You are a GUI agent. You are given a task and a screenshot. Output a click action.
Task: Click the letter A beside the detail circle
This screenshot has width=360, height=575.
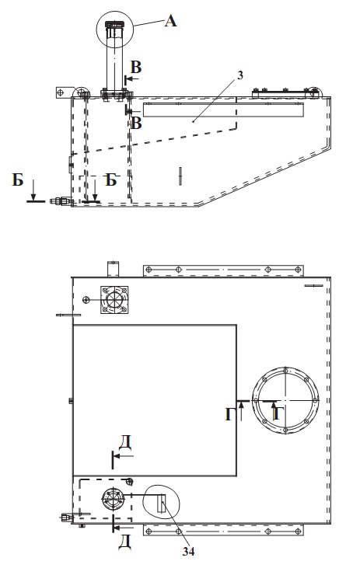coord(170,21)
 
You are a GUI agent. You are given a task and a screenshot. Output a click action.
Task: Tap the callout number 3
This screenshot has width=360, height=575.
coord(240,75)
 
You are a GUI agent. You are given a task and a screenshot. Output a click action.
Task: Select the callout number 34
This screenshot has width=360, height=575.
coord(188,551)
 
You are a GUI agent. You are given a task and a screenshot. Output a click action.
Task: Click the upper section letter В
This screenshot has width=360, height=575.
coord(136,68)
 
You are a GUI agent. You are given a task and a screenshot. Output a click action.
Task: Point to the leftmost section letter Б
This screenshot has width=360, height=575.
coord(18,180)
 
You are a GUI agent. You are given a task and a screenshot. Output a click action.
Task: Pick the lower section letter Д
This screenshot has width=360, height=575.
coord(124,542)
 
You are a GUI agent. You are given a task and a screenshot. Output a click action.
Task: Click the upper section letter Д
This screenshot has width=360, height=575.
coord(124,443)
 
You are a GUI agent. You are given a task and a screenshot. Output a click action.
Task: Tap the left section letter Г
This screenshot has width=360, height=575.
coord(229,415)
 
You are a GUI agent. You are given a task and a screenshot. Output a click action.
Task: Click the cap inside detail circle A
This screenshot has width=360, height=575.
coord(114,25)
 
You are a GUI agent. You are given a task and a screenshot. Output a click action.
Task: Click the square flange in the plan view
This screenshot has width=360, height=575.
coord(114,300)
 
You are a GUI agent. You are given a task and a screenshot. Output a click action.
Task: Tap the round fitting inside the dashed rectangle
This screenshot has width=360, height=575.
coord(112,499)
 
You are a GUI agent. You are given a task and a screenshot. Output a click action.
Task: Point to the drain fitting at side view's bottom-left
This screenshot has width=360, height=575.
coord(61,201)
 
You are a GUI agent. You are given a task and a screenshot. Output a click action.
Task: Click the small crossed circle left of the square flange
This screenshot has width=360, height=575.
coord(86,300)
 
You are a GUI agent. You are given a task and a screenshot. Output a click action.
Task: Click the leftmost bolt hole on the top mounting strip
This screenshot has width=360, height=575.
coord(149,270)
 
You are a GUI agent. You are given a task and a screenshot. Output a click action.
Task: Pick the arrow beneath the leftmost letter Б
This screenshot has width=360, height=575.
coord(33,190)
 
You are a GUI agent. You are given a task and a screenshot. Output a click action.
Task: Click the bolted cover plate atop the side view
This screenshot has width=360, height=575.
coord(285,93)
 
